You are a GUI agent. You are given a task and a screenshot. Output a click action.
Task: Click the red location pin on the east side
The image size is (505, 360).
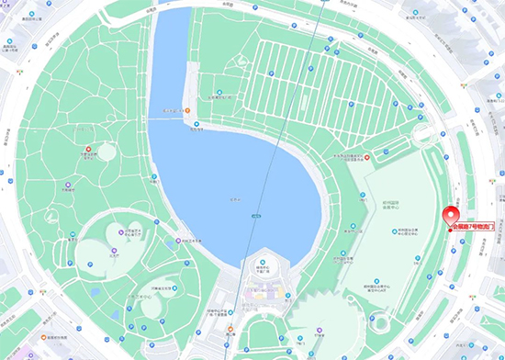tap(451, 216)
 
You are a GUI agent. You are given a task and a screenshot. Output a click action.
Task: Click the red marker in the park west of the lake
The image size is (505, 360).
tap(88, 148)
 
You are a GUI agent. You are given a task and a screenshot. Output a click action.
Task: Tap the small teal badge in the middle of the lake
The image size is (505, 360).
tap(256, 216)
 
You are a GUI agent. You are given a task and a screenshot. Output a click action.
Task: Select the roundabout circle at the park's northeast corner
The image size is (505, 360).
tap(423, 138)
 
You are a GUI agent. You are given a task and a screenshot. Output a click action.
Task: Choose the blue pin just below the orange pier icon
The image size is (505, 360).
tap(195, 124)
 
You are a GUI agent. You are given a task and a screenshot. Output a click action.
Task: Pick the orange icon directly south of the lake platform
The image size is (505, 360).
tap(230, 328)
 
